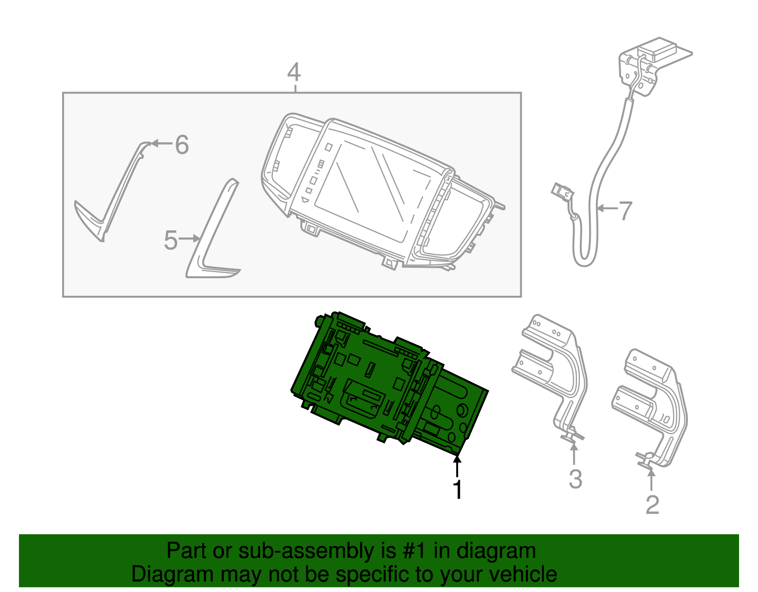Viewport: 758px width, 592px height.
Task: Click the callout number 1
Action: click(457, 490)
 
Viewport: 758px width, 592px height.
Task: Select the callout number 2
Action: click(652, 505)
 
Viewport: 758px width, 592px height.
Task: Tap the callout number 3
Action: click(575, 479)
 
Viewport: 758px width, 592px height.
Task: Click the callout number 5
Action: click(171, 240)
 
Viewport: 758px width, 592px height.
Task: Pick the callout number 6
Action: click(182, 145)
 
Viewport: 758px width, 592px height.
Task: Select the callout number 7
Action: click(626, 210)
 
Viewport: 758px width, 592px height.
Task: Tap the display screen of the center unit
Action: click(374, 190)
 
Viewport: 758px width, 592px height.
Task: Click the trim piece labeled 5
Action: click(211, 232)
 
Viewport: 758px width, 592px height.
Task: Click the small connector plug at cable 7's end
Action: click(562, 191)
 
